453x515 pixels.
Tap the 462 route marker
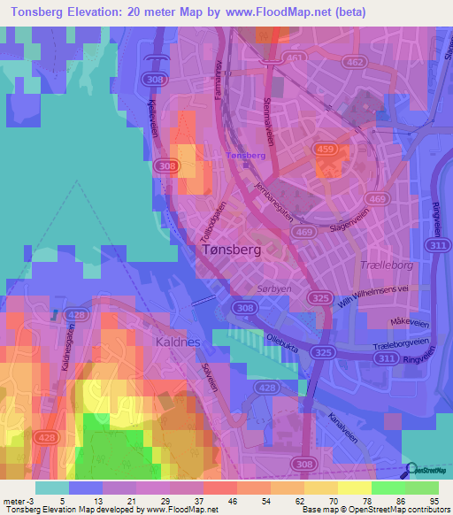pyautogui.click(x=356, y=62)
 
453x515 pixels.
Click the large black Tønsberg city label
pyautogui.click(x=227, y=250)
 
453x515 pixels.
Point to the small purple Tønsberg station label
pyautogui.click(x=247, y=155)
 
